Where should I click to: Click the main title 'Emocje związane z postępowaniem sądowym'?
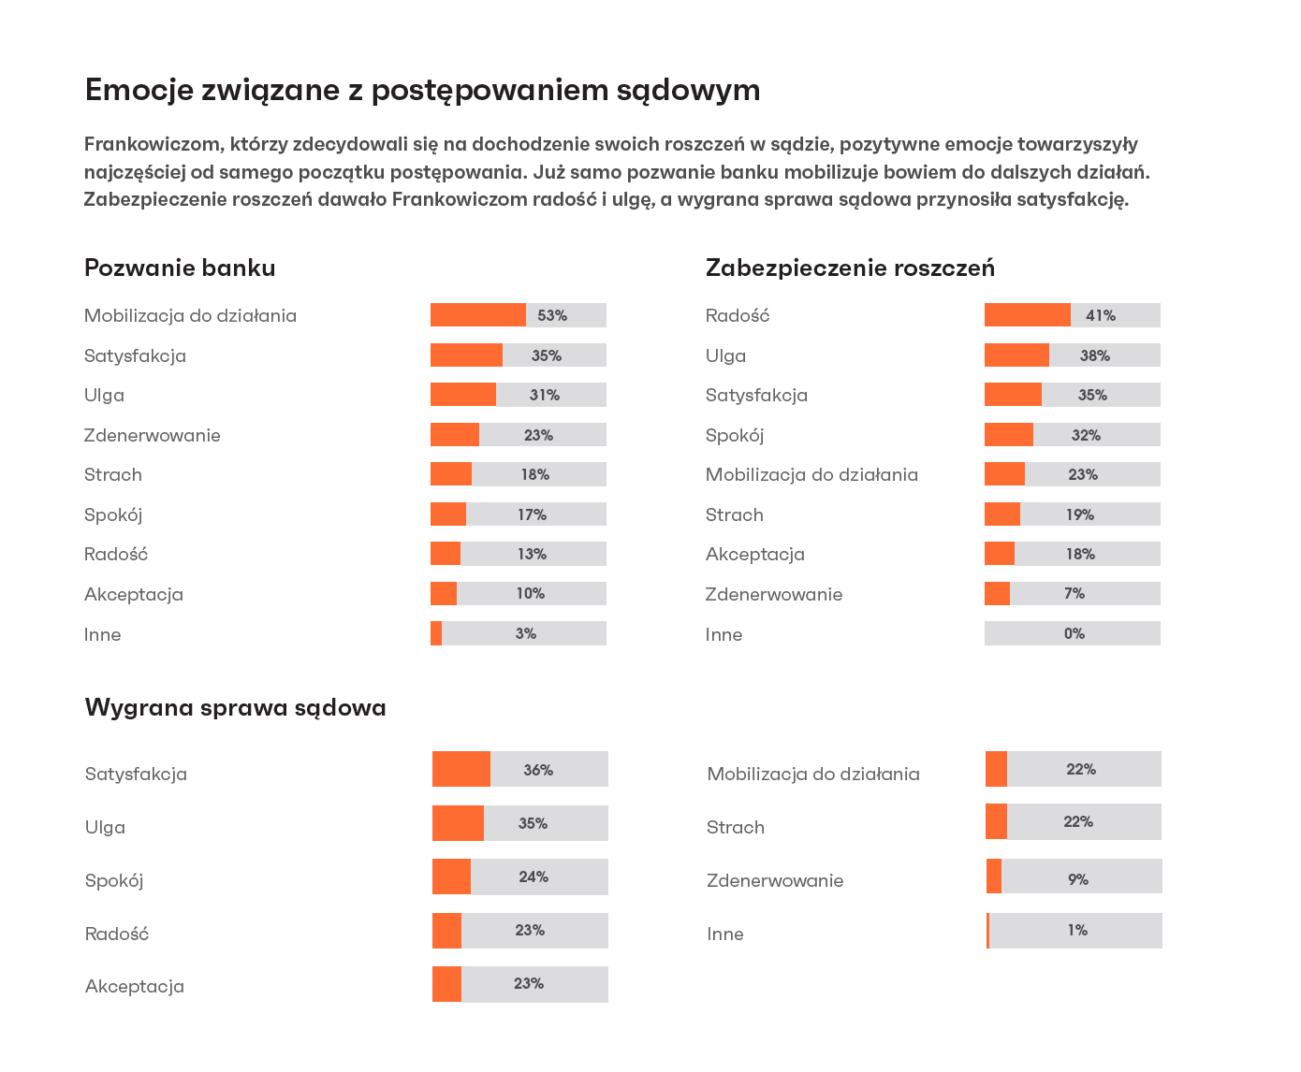pyautogui.click(x=422, y=90)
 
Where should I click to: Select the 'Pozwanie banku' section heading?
pyautogui.click(x=180, y=268)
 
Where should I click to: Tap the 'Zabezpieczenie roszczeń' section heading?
pyautogui.click(x=850, y=268)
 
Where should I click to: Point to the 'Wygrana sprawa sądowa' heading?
pyautogui.click(x=235, y=707)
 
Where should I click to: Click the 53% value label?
pyautogui.click(x=552, y=315)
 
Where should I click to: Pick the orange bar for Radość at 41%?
pyautogui.click(x=1027, y=315)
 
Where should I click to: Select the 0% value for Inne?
pyautogui.click(x=1074, y=633)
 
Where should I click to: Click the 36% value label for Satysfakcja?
pyautogui.click(x=538, y=770)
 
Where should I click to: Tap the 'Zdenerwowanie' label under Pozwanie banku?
pyautogui.click(x=153, y=435)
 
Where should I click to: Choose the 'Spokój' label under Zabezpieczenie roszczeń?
pyautogui.click(x=735, y=435)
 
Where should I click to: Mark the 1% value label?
pyautogui.click(x=1077, y=930)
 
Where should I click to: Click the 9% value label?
pyautogui.click(x=1077, y=879)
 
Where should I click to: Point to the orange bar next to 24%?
pyautogui.click(x=451, y=876)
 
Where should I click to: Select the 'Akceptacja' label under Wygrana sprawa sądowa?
pyautogui.click(x=135, y=986)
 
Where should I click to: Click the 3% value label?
pyautogui.click(x=525, y=633)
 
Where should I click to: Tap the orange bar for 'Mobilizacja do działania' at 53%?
pyautogui.click(x=477, y=315)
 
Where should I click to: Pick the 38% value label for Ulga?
pyautogui.click(x=1094, y=355)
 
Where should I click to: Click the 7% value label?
pyautogui.click(x=1074, y=593)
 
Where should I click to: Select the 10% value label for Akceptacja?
pyautogui.click(x=530, y=593)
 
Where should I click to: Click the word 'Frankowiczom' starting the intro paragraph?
pyautogui.click(x=153, y=144)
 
